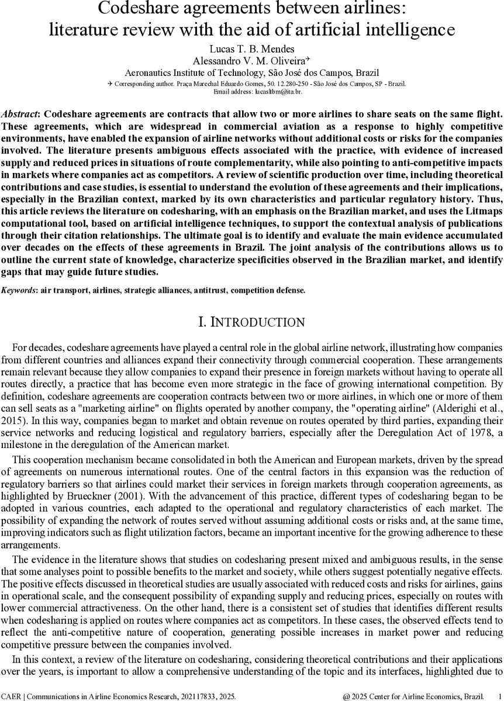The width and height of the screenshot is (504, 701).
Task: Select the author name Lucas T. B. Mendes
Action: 252,49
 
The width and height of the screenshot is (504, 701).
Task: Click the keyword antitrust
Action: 189,290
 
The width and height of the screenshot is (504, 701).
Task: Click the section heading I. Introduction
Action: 251,322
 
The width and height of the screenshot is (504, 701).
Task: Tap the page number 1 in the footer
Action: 497,696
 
